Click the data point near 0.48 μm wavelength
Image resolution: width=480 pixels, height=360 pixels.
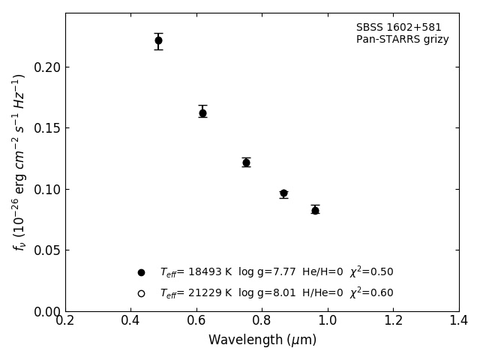(x=158, y=40)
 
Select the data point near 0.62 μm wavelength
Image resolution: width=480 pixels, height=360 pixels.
(x=202, y=113)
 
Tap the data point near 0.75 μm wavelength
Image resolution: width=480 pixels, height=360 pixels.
(x=246, y=163)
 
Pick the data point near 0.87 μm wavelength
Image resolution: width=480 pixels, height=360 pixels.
(x=283, y=193)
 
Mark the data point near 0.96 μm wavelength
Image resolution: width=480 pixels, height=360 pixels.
(x=315, y=211)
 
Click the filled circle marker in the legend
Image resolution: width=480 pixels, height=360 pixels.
(x=141, y=272)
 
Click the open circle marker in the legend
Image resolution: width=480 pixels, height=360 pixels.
(x=141, y=293)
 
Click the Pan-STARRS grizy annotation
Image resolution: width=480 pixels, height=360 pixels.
(x=402, y=40)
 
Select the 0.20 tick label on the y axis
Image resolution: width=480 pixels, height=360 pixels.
(x=47, y=67)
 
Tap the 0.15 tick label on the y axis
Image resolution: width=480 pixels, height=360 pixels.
(x=47, y=128)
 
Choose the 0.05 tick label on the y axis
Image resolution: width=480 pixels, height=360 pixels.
(x=47, y=250)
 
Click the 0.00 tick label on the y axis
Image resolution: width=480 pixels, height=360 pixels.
(x=47, y=311)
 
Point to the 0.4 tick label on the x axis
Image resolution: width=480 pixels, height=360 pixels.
(x=130, y=321)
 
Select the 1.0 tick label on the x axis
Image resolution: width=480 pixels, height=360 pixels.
(x=328, y=321)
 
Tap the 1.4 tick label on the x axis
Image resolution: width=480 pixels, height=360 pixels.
(x=459, y=321)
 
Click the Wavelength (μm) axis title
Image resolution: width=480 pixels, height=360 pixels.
(x=262, y=340)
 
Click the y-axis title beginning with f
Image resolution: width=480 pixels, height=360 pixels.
(x=19, y=161)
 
